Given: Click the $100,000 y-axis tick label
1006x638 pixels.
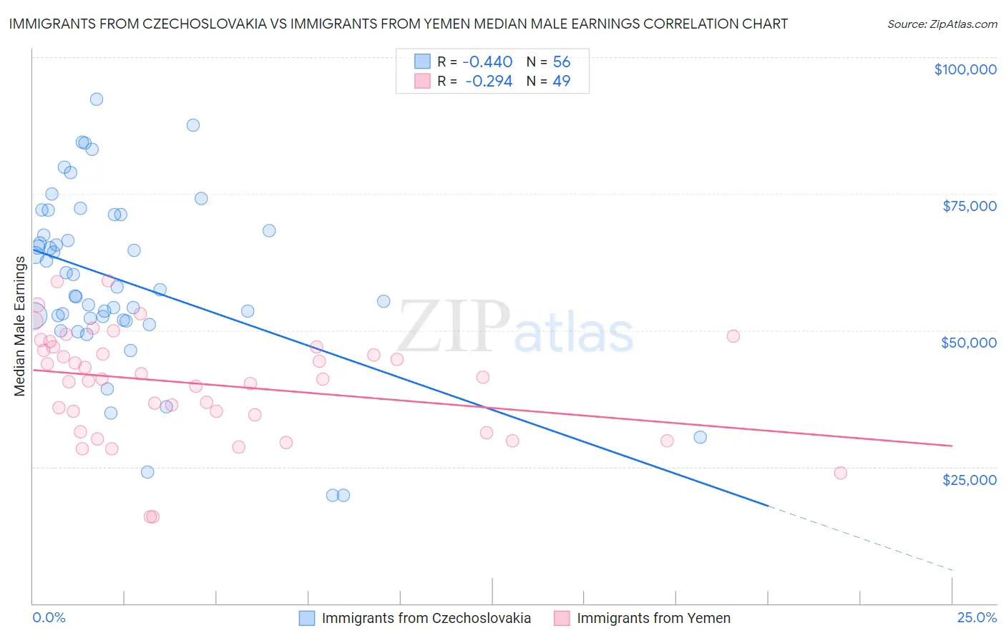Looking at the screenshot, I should pos(965,69).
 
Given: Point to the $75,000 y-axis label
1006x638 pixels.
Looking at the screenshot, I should pos(970,206).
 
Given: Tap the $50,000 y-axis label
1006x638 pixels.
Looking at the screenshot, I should pos(969,343).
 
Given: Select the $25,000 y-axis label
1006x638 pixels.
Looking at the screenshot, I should pos(970,479).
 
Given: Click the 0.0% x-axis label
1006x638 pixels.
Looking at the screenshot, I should pos(49,617).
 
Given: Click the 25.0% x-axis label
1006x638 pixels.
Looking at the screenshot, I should pos(977,617).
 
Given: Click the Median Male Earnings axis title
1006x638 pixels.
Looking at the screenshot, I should pos(20,325).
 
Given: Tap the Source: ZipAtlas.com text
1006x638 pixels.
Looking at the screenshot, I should pos(942,24).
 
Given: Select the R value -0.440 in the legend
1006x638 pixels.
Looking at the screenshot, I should pos(487,62).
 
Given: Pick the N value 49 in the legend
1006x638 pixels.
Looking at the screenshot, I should pos(562,82).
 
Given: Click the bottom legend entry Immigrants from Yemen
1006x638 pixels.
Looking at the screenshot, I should pos(653,618).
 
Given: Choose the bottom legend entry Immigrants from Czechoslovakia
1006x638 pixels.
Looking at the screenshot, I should pos(426,618).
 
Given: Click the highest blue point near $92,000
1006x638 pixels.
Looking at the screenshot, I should pos(97,99).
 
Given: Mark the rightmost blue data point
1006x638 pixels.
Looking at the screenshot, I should pos(700,437).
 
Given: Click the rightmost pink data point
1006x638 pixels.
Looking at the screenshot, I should pos(841,473).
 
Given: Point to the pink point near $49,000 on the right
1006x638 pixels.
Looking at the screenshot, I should pos(733,336).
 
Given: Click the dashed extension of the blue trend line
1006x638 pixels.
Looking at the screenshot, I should pos(859,538).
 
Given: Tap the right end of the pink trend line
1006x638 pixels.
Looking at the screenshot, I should pos(951,446).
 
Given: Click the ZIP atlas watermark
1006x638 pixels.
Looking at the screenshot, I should pos(515,327).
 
